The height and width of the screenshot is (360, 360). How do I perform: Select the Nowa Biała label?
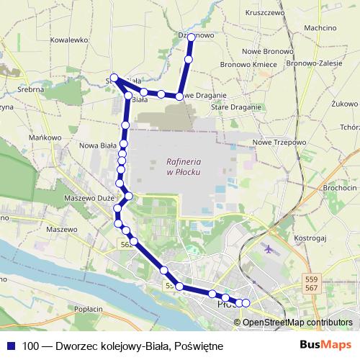98,145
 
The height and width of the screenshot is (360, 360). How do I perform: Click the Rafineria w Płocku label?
182,166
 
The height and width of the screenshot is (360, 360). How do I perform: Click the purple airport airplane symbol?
269,250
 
